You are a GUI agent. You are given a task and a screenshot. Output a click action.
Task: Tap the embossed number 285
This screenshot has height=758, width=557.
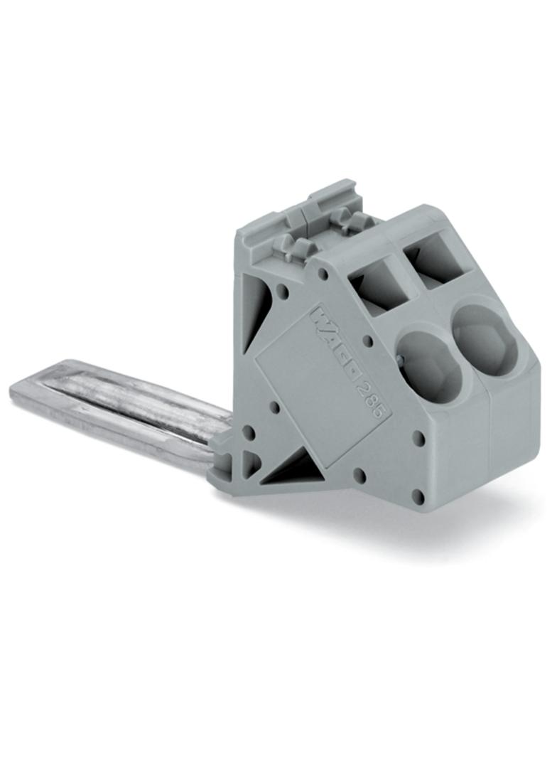tap(369, 395)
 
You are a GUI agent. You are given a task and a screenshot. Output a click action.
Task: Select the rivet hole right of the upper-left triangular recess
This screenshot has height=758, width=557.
tap(283, 291)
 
